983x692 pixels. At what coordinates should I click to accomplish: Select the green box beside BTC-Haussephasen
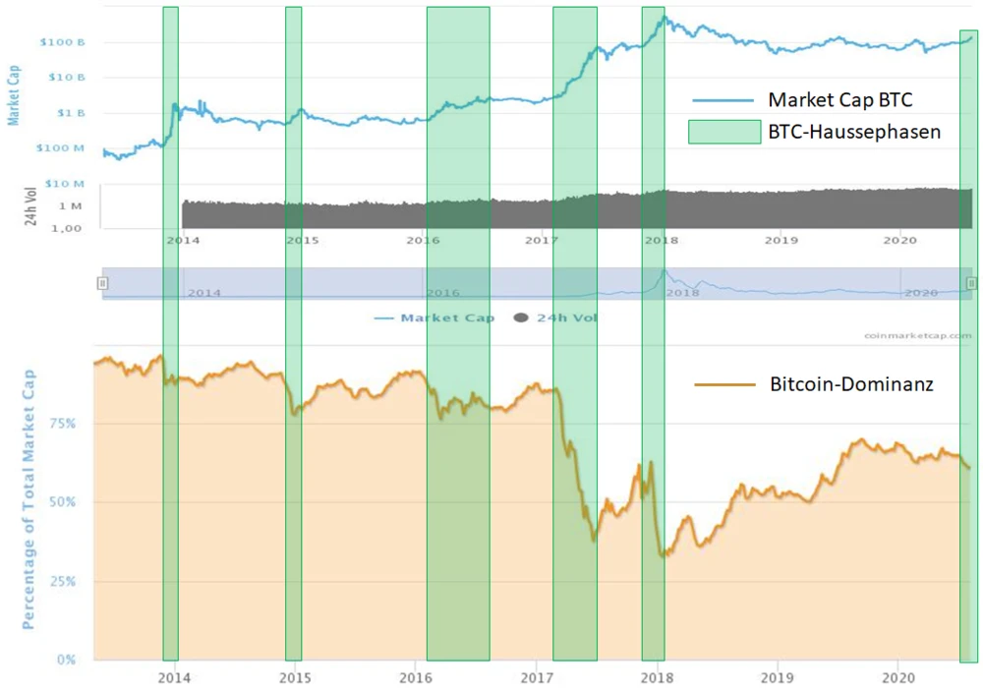point(724,132)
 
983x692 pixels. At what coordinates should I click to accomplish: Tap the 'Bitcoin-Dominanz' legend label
point(851,385)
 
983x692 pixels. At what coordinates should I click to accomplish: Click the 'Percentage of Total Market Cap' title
point(29,498)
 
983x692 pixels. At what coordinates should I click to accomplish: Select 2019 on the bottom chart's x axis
point(778,678)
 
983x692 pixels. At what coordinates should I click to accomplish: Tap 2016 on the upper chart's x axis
point(423,240)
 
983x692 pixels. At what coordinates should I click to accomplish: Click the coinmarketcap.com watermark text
point(918,335)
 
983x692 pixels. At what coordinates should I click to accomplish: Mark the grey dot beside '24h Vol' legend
point(520,317)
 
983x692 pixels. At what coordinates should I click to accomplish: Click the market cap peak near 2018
point(665,17)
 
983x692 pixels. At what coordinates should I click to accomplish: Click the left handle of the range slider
point(102,283)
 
